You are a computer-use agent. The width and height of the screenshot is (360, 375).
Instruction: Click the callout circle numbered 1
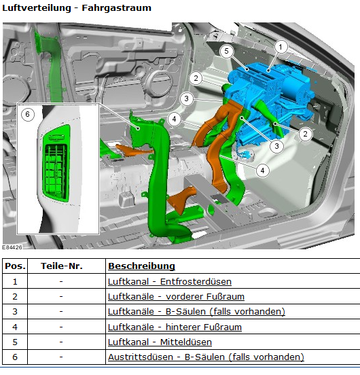(281, 47)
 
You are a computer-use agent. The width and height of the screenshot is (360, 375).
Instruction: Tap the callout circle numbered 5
(226, 51)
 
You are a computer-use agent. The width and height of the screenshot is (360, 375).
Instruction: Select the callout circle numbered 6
(27, 114)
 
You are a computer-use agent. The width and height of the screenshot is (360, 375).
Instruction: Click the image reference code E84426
(12, 247)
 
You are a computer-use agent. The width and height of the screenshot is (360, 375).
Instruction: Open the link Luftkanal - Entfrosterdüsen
(170, 281)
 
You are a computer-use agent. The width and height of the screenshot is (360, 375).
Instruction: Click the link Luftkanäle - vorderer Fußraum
(176, 297)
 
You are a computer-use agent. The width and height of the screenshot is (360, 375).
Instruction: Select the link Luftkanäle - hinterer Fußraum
(175, 327)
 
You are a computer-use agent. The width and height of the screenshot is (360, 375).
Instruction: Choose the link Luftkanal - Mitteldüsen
(160, 342)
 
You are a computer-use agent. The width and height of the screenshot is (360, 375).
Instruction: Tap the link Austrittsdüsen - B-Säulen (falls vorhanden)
(206, 357)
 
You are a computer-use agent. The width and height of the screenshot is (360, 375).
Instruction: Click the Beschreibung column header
(141, 266)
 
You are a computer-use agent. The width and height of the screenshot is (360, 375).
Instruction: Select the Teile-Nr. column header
(62, 266)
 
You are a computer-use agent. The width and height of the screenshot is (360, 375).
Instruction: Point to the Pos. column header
(15, 266)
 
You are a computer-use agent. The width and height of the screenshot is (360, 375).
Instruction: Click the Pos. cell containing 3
(15, 312)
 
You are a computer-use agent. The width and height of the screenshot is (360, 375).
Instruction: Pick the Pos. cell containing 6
(15, 357)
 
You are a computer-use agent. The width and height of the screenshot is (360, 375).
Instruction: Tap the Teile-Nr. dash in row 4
(61, 327)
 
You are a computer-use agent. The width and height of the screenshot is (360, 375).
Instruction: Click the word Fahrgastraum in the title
(116, 7)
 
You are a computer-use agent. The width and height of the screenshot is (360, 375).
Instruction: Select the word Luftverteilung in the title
(37, 7)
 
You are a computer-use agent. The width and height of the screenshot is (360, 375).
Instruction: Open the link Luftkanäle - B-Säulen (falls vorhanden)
(196, 312)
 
